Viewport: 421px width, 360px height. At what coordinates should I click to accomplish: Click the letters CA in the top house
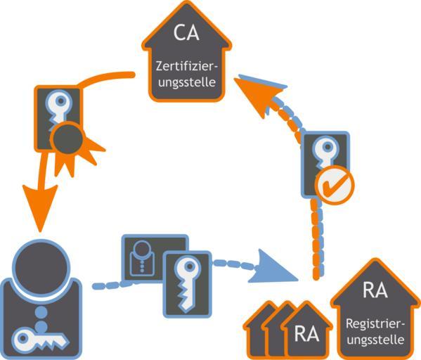[x=186, y=33]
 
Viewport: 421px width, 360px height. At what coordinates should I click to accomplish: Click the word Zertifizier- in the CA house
[x=187, y=66]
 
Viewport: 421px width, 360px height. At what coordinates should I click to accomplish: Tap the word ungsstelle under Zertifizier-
[x=187, y=82]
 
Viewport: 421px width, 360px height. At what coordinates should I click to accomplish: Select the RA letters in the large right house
[x=375, y=290]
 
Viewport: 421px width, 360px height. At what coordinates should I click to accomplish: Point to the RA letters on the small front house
[x=306, y=334]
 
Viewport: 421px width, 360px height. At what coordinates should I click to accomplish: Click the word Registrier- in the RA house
[x=375, y=324]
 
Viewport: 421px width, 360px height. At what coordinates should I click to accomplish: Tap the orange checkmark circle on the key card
[x=335, y=185]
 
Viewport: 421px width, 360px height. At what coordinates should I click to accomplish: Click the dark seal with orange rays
[x=68, y=139]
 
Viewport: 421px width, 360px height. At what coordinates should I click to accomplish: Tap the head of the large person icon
[x=41, y=266]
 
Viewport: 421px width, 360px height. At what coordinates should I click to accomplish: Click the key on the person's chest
[x=41, y=339]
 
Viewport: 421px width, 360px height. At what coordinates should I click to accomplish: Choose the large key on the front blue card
[x=187, y=284]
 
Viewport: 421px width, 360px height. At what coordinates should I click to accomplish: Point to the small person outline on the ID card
[x=142, y=259]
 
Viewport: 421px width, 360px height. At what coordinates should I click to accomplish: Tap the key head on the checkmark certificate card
[x=328, y=147]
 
